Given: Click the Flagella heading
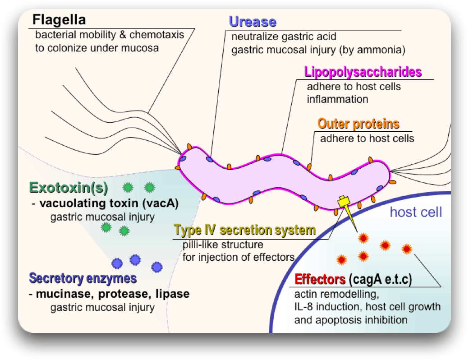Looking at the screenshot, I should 59,20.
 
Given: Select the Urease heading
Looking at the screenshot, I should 252,22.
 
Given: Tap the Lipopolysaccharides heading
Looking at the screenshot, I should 363,72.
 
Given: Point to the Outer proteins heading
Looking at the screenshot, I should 359,124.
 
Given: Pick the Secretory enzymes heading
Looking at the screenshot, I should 83,278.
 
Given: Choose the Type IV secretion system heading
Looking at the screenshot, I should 245,231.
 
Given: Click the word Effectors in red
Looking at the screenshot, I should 320,280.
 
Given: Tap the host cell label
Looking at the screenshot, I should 416,212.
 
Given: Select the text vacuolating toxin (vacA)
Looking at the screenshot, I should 109,203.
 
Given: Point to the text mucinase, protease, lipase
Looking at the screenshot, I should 113,294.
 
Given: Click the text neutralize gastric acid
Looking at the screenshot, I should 284,37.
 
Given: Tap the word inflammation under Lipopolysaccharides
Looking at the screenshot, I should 338,99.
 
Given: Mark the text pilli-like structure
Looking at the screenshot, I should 222,245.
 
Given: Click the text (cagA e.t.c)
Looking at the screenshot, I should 380,280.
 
